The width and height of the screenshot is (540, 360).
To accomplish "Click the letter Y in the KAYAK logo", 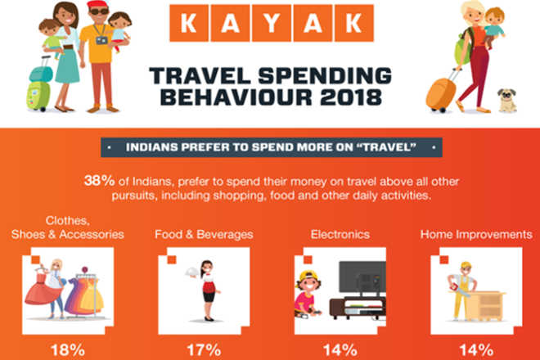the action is (272, 23).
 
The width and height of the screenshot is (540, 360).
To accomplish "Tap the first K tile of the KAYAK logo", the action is (189, 23).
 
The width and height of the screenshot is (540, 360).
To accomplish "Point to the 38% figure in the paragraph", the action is (99, 181).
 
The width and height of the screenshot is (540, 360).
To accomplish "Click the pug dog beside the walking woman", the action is (507, 101).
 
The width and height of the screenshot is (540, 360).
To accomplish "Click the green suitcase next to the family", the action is (38, 96).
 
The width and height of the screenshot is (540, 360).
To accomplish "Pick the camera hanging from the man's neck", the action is (101, 40).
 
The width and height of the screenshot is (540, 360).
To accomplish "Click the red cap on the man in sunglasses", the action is (98, 5).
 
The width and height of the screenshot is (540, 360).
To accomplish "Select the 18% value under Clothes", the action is (68, 350).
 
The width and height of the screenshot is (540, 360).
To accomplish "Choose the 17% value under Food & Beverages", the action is (204, 350).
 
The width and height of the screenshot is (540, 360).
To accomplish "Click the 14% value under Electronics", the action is (340, 350).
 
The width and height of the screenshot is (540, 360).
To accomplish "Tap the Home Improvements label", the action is (476, 235).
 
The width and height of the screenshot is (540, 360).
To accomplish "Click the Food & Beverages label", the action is (204, 235).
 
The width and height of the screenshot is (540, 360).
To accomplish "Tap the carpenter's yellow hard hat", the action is (466, 265).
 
